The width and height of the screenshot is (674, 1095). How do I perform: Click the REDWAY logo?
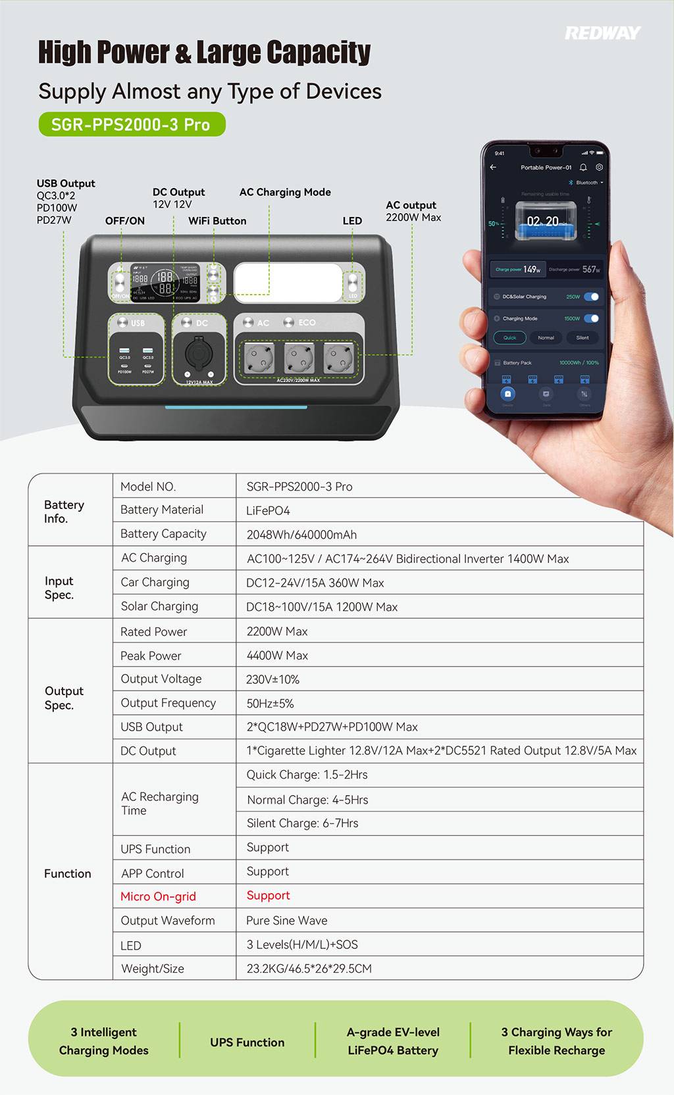point(602,33)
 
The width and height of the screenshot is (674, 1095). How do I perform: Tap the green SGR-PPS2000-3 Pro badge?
point(132,124)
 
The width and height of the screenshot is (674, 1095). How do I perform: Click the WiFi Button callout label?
point(217,221)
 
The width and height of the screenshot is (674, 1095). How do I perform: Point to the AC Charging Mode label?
point(285,192)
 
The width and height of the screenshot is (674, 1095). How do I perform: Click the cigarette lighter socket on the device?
point(198,354)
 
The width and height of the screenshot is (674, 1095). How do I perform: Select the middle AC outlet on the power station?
point(298,360)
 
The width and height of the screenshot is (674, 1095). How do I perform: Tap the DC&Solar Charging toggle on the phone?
point(592,297)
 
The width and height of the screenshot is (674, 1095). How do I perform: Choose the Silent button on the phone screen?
point(582,338)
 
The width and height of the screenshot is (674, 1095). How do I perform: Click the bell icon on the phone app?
point(583,168)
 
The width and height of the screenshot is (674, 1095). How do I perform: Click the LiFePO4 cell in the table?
point(268,510)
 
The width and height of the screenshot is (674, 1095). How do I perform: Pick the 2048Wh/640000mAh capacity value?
point(301,535)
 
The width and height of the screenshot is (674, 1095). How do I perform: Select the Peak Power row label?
point(151,656)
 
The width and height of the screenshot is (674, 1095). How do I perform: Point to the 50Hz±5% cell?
point(270,704)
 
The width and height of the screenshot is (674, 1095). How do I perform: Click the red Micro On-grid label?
point(158,896)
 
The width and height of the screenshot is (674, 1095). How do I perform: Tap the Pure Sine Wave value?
point(286,921)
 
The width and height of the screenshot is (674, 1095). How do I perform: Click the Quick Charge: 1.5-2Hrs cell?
point(307,775)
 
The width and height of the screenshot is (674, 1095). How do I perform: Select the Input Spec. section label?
point(59,588)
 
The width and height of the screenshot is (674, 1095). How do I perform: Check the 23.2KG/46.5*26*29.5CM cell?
point(309,969)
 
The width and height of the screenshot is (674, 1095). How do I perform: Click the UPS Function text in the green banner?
point(247,1042)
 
